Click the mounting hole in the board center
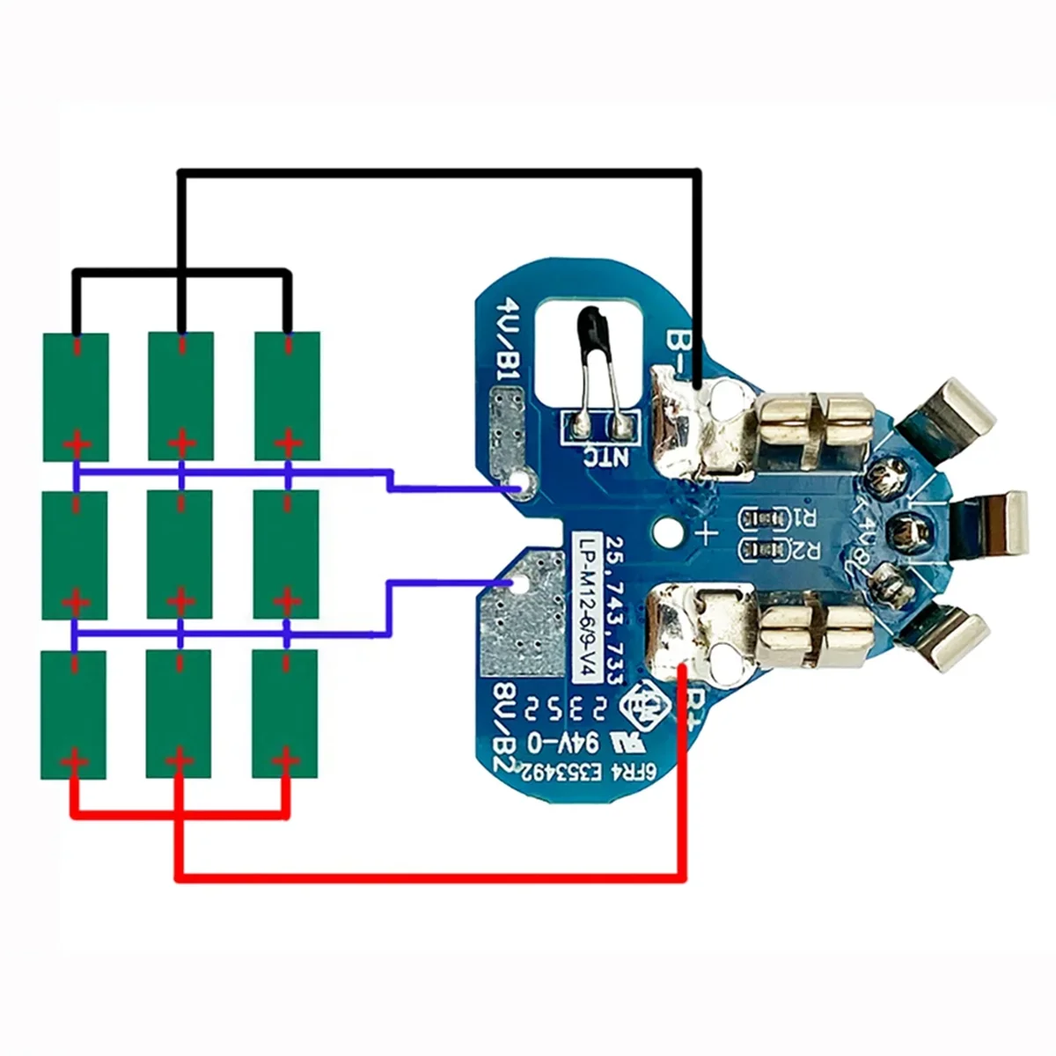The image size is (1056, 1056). click(668, 532)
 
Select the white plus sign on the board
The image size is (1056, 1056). click(707, 532)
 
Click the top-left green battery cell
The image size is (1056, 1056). click(77, 396)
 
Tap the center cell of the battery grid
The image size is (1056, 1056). click(180, 554)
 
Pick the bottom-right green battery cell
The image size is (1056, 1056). click(285, 714)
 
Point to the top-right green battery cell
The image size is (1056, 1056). click(287, 396)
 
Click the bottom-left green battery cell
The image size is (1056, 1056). click(75, 714)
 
